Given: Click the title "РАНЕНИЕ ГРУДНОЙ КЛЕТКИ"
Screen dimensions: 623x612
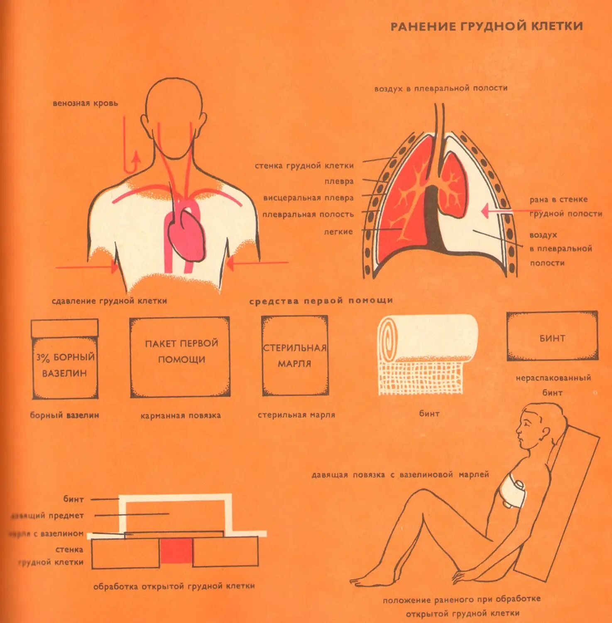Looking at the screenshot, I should (487, 26).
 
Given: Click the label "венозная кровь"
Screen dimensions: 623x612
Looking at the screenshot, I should (85, 103).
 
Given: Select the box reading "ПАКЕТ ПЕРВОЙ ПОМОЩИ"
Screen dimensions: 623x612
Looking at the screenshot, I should (180, 357).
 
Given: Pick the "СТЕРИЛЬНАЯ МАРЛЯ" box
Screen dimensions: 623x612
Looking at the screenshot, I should (295, 356).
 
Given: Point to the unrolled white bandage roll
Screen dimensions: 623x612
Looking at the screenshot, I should (428, 353).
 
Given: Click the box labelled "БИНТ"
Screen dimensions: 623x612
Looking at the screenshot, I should (552, 336).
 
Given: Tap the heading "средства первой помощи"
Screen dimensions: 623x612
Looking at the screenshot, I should (321, 301).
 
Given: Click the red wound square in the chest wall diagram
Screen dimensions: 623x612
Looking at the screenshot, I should (176, 551).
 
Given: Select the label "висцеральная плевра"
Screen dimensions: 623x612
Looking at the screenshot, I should (308, 198).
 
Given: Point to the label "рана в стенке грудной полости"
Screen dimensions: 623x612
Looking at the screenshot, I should (565, 206).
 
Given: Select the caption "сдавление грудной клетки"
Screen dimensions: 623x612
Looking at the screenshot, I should (109, 301).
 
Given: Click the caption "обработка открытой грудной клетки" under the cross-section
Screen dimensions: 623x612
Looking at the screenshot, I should (174, 586).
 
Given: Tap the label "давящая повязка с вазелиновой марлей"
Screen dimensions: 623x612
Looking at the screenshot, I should (400, 474).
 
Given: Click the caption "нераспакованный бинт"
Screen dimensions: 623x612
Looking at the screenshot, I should (553, 385).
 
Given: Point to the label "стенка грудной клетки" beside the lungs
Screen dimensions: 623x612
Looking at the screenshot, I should (304, 166).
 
